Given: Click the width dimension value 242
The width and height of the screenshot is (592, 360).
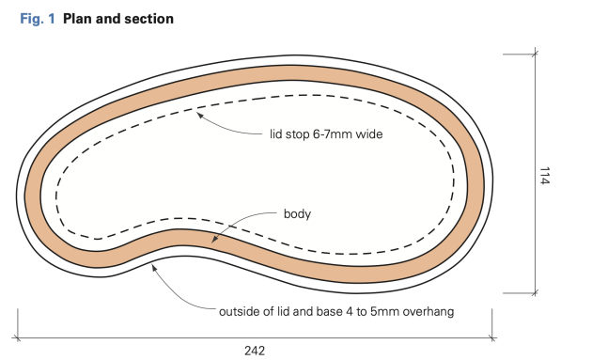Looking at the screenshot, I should pyautogui.click(x=254, y=350).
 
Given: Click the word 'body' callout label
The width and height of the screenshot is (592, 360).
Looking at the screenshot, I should pyautogui.click(x=296, y=213).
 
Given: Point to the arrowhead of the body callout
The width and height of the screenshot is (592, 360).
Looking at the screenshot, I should pyautogui.click(x=214, y=241).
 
